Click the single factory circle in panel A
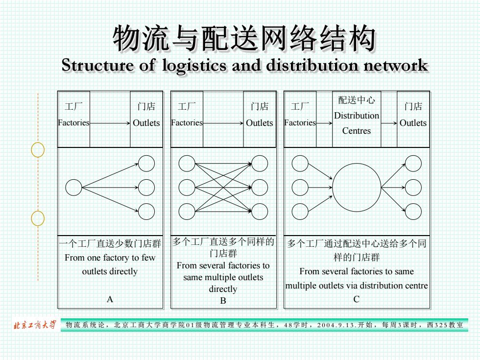(66, 187)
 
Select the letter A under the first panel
(110, 299)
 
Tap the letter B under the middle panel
(223, 301)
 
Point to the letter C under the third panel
(357, 299)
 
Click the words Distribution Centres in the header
(357, 123)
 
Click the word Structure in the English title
(98, 65)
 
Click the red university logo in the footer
(35, 325)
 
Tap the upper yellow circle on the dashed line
(31, 150)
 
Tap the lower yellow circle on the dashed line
(31, 218)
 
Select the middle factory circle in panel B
(179, 187)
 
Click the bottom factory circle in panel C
(292, 212)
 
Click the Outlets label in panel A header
(146, 123)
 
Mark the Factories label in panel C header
(300, 123)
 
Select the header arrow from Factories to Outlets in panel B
(223, 123)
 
